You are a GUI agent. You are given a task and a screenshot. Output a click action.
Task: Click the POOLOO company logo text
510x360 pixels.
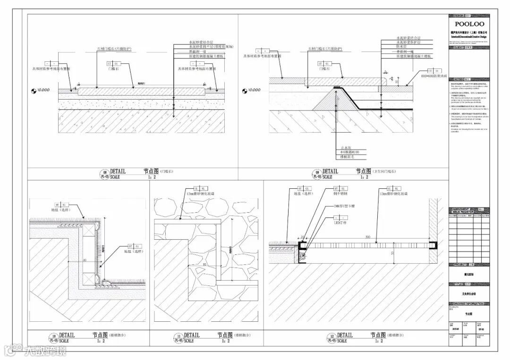click(469, 24)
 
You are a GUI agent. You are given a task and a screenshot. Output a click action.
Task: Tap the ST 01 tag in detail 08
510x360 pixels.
click(111, 63)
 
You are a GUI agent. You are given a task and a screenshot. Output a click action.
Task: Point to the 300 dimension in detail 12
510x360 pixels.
click(366, 237)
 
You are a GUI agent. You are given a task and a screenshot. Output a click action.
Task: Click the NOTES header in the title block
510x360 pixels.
click(459, 79)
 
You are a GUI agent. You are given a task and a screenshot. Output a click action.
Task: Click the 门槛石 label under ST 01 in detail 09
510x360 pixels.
click(324, 69)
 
